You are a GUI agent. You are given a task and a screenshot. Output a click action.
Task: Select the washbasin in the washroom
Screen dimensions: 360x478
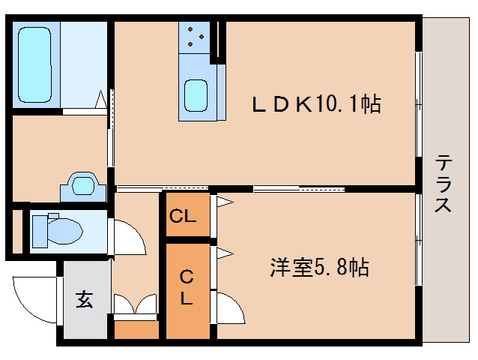click(x=83, y=184)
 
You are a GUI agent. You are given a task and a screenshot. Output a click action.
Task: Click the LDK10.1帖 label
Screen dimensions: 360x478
click(x=316, y=103)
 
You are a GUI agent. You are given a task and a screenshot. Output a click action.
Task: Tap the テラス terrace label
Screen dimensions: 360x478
click(x=444, y=184)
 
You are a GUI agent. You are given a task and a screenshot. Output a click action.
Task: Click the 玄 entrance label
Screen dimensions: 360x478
click(x=84, y=301)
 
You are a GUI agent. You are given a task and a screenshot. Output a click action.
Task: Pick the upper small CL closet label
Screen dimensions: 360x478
click(x=183, y=217)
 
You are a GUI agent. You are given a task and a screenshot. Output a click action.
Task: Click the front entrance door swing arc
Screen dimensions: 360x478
click(x=34, y=300)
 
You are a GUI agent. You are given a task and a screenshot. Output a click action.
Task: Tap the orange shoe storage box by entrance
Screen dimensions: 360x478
click(x=136, y=328)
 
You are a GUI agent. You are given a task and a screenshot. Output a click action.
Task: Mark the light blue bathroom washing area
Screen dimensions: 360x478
click(x=84, y=65)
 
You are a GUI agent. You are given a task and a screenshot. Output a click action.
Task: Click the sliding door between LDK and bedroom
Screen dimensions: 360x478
click(x=300, y=188)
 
